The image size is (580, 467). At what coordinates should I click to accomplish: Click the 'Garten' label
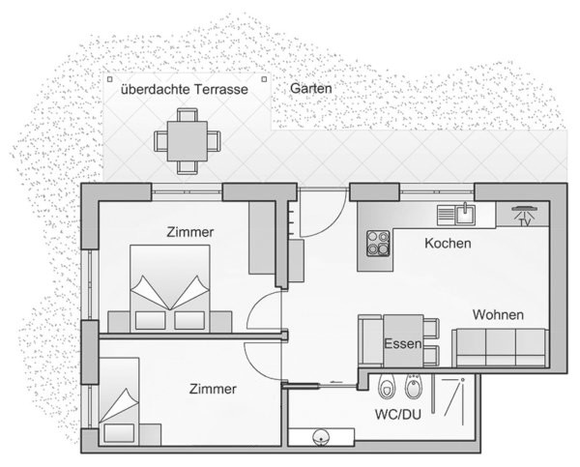pos(310,89)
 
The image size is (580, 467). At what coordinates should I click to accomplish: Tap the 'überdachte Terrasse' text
pos(185,90)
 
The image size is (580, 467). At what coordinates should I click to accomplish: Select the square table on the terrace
pos(188,141)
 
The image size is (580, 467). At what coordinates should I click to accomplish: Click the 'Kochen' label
pos(448,243)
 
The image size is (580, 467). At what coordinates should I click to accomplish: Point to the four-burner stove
pos(378,243)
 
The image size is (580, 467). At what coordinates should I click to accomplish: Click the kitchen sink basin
pos(465,215)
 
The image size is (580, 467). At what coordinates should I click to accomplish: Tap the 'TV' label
pos(524,222)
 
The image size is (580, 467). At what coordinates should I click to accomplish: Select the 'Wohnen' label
pos(498,315)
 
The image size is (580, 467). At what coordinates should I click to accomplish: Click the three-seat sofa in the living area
pos(500,347)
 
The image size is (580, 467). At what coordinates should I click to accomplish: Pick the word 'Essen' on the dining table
pos(403,344)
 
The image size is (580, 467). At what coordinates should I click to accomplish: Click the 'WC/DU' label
pos(398,415)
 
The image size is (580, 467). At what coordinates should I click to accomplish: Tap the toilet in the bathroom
pos(387,387)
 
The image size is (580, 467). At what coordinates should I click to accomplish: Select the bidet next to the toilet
pos(414,387)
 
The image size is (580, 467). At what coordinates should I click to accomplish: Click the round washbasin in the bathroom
pos(321,436)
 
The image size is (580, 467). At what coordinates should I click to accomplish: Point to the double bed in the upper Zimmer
pos(170,288)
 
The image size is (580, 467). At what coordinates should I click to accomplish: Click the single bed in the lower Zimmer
pos(119,401)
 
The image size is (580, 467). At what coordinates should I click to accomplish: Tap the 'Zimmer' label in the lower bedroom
pos(213,389)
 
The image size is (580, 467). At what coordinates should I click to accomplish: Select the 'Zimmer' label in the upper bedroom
pos(190,232)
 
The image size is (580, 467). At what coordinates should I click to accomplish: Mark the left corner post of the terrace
pos(109,79)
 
